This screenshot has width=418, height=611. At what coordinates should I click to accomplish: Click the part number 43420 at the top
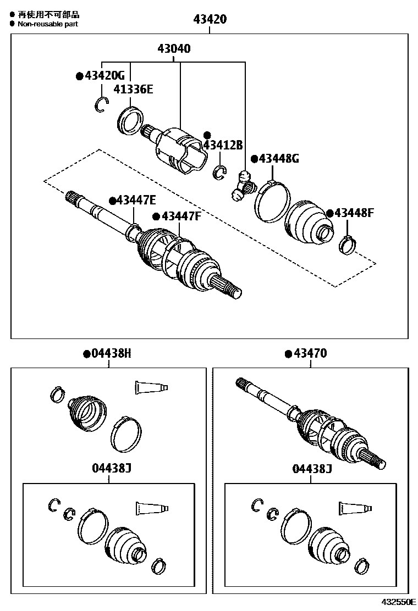[x=210, y=20]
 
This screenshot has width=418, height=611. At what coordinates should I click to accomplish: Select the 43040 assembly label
[x=174, y=48]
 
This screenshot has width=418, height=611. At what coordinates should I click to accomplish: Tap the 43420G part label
[x=103, y=75]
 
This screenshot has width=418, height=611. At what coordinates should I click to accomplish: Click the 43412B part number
[x=222, y=145]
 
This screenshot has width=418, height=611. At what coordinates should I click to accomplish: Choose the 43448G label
[x=278, y=159]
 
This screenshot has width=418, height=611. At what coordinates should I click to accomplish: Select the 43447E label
[x=135, y=201]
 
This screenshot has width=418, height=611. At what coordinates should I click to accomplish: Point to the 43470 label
[x=310, y=353]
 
